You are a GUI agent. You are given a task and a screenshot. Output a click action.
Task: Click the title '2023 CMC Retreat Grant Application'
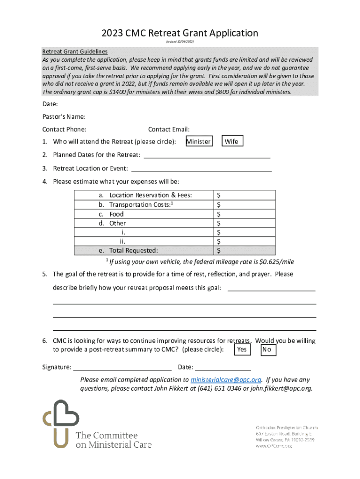point(180,33)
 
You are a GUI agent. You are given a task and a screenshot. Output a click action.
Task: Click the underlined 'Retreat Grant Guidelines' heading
point(75,51)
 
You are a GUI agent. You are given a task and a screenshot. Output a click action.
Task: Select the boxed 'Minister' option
point(199,141)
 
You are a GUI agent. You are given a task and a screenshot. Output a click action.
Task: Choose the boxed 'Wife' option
point(232,141)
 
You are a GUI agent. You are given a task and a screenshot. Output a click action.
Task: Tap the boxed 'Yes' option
point(242,349)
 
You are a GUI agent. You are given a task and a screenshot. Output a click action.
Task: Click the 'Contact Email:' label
point(169,130)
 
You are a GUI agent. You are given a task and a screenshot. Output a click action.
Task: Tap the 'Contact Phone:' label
point(64,130)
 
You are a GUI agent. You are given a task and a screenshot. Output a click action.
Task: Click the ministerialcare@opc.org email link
point(226,380)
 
